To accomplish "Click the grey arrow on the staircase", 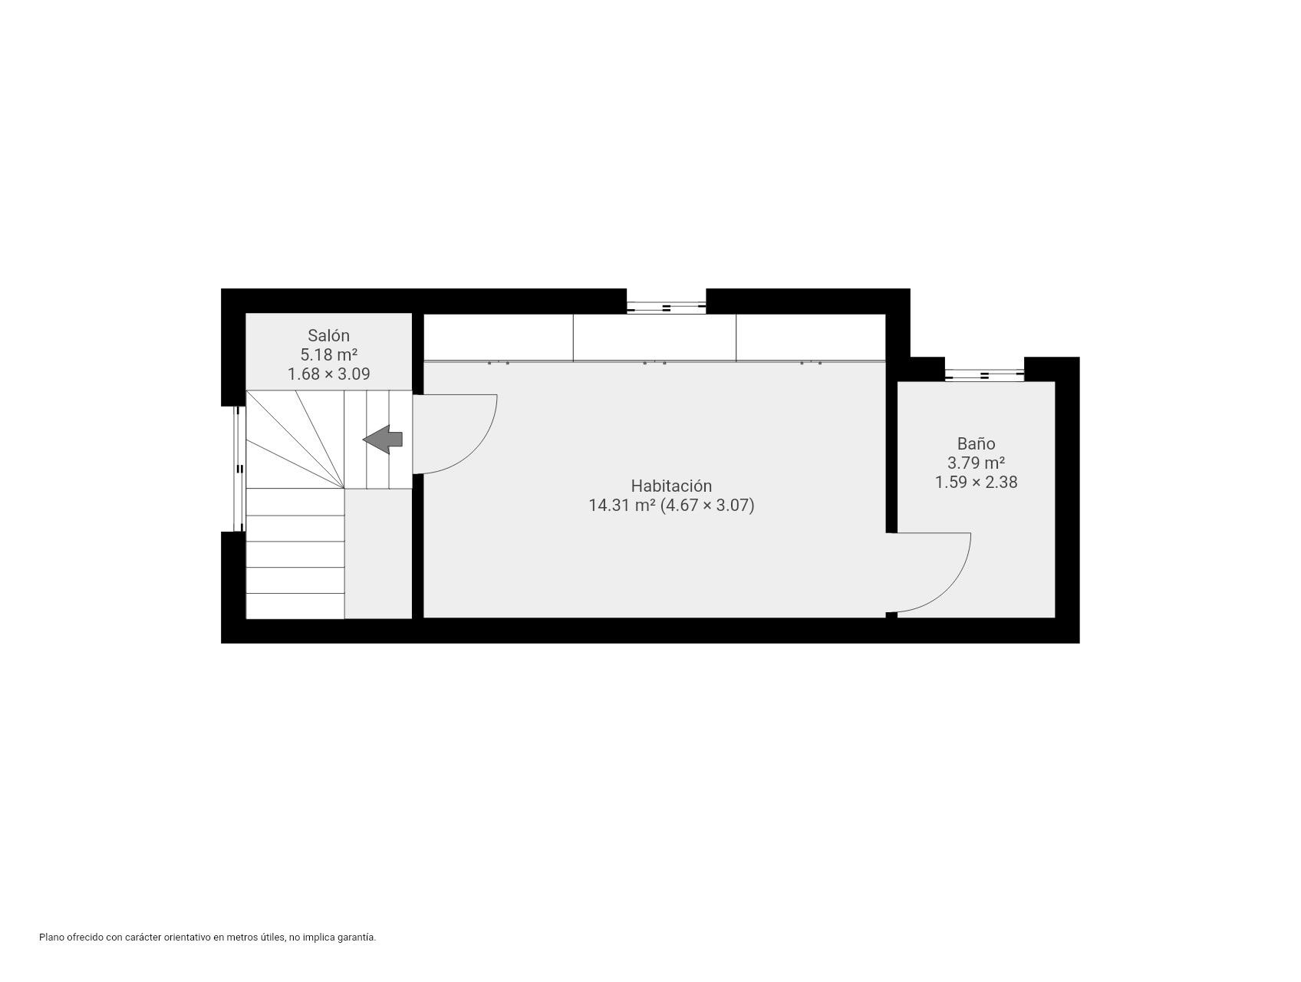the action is [382, 440].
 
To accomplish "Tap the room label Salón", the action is [328, 335].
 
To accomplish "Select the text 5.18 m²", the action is [328, 354].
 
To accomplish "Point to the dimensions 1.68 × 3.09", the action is [328, 374].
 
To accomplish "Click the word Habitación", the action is [671, 486].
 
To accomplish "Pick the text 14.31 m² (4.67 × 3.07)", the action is [671, 505].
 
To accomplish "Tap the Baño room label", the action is [976, 443].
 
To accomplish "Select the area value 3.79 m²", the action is [976, 463].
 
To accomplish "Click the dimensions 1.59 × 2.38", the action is [976, 482].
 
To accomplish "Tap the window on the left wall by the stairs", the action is [239, 469].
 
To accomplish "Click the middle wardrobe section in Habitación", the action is [654, 337].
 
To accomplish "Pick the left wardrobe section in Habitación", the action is [499, 337].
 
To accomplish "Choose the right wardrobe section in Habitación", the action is [811, 337].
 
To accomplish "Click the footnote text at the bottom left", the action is [208, 937].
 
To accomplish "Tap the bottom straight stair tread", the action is [295, 606].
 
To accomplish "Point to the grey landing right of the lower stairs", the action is [378, 553].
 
